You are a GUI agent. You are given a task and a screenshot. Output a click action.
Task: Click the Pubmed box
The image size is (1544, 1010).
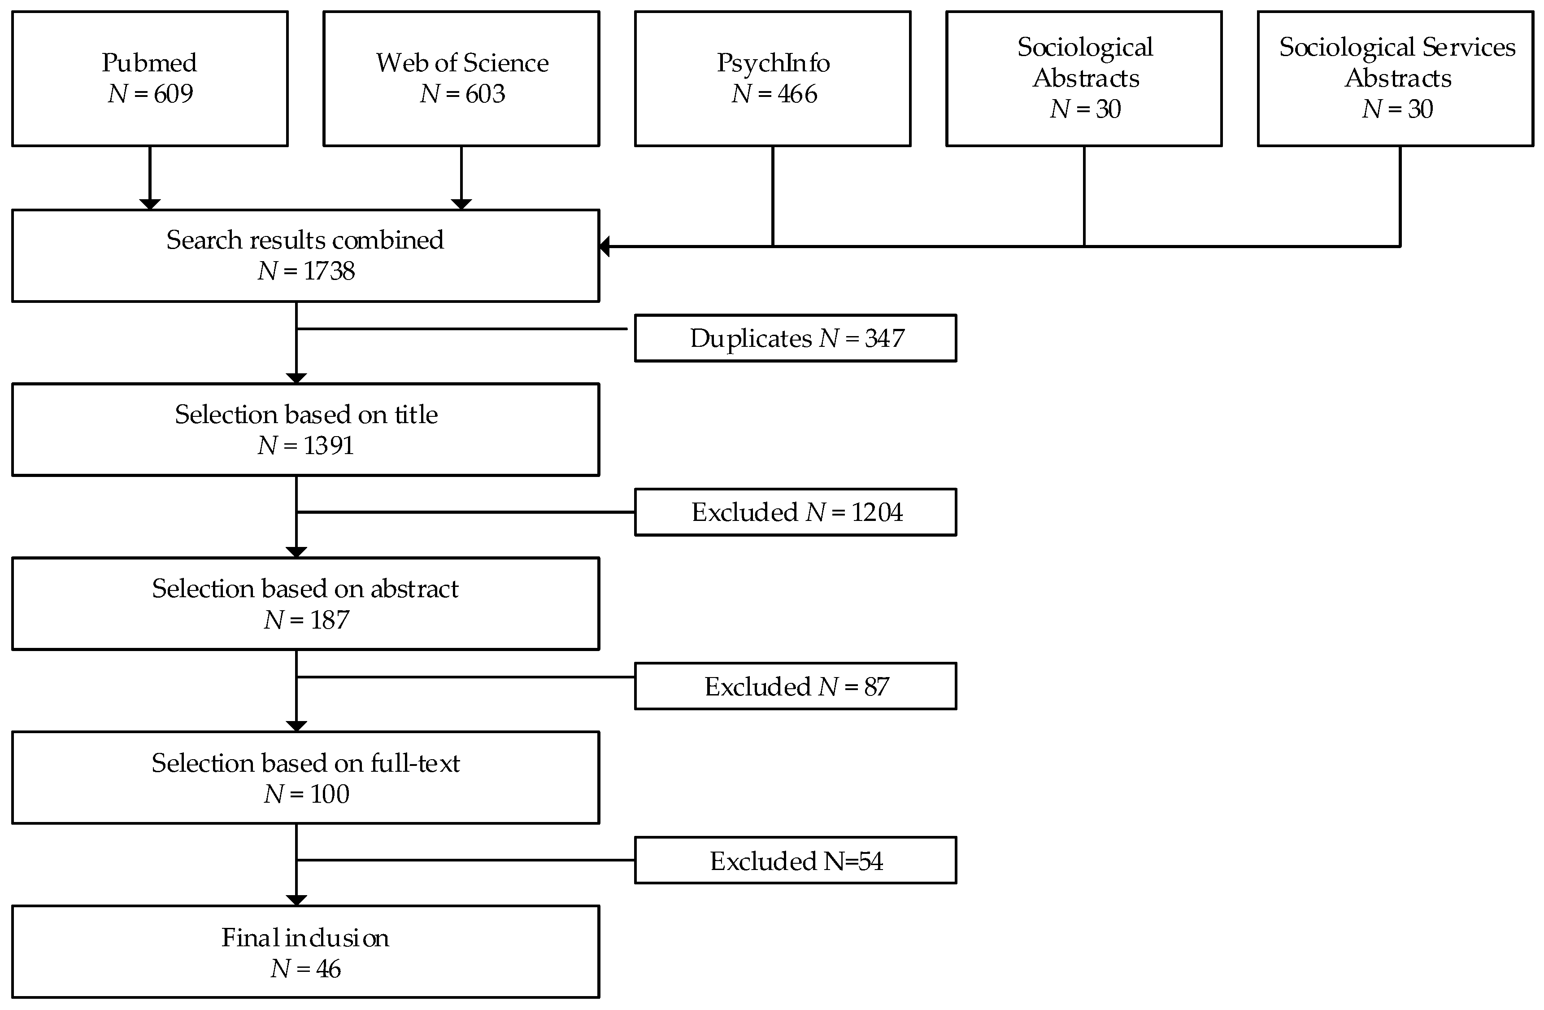pos(150,79)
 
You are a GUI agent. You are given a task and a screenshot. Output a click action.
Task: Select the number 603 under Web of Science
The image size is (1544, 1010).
pos(485,94)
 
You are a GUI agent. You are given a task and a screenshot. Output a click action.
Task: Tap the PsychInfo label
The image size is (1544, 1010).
pos(773,63)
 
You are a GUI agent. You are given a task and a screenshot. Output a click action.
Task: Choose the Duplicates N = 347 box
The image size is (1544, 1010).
pos(796,338)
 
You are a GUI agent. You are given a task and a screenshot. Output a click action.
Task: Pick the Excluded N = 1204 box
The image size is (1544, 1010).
pos(796,512)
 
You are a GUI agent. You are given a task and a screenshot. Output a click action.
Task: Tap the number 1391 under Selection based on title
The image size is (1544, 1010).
pos(328,445)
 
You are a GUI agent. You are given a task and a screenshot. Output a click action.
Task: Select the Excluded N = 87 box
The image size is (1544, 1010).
pos(796,686)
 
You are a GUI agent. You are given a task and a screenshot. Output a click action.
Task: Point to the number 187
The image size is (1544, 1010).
pos(329,620)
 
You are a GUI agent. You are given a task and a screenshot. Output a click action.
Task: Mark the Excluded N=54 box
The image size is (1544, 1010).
pos(796,861)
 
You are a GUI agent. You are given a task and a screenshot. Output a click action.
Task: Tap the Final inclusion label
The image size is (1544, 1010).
pos(305,938)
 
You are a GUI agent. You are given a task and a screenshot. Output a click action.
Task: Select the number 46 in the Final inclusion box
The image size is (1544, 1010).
pos(328,969)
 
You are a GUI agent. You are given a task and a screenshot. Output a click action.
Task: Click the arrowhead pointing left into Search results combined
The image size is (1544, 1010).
pos(605,247)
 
